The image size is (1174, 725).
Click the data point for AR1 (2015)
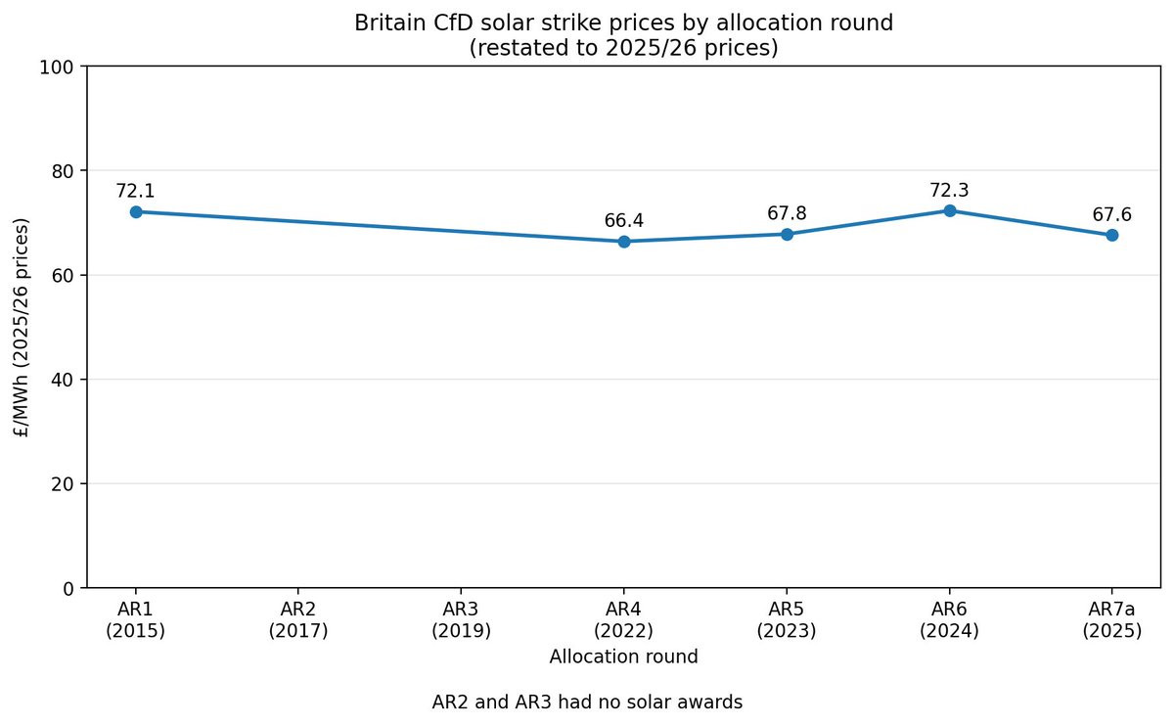pos(136,211)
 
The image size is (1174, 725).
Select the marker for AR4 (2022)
pos(624,242)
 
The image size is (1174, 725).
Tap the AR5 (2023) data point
pos(787,234)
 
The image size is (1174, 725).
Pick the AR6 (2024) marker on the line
pos(949,210)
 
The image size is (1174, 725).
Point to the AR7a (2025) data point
pos(1112,235)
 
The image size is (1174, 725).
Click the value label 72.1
pos(135,191)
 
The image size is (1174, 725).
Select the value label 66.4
pos(624,221)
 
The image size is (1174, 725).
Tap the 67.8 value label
pos(787,213)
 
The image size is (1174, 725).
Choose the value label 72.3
pos(949,190)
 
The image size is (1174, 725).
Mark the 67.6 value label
pos(1112,214)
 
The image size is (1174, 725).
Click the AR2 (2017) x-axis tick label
pos(298,620)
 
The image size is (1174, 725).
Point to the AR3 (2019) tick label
pos(461,620)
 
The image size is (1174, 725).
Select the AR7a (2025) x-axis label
pos(1112,620)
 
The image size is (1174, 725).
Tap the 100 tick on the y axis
pos(62,67)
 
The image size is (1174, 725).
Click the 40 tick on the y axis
pos(66,380)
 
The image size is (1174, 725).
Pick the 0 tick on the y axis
pos(69,588)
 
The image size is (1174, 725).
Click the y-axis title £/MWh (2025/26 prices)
pos(23,327)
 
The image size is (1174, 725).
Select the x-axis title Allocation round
pos(624,657)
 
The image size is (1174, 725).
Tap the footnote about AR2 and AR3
pos(587,702)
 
